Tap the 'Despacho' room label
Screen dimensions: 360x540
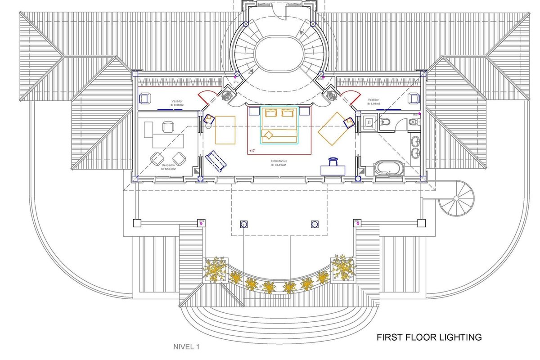(x=168, y=166)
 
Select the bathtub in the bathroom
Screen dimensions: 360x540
(x=388, y=169)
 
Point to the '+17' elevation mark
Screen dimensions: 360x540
(x=252, y=150)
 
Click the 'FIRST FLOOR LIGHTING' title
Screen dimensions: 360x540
(x=429, y=337)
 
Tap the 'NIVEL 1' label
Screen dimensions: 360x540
(x=186, y=346)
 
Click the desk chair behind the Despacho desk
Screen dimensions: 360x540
(x=167, y=127)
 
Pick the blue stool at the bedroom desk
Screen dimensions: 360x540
(x=333, y=161)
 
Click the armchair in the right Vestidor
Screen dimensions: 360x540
(x=414, y=99)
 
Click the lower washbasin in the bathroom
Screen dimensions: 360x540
(x=415, y=154)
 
